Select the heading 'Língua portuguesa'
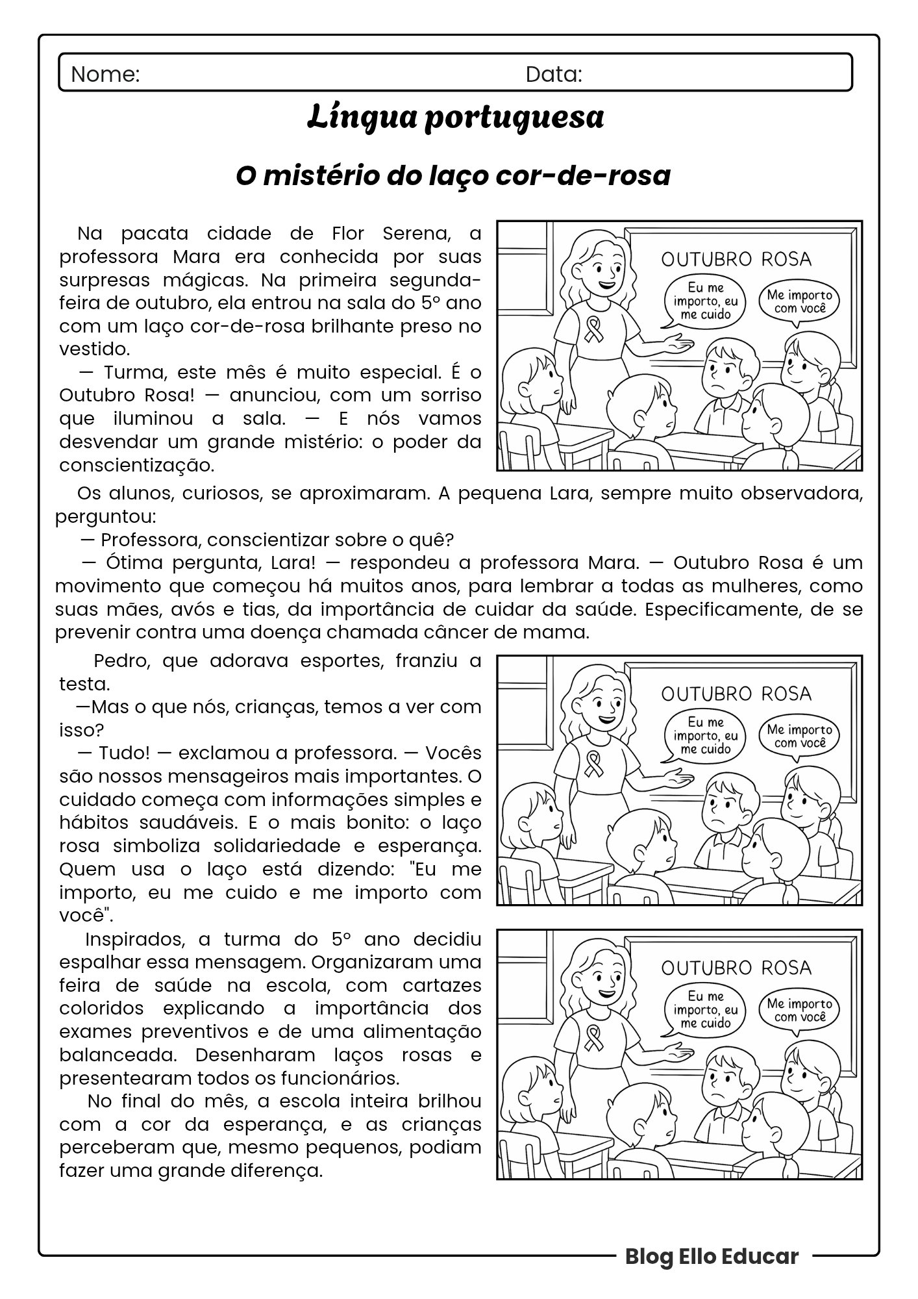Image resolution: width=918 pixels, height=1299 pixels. click(x=456, y=118)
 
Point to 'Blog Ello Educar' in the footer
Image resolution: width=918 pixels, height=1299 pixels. click(x=712, y=1256)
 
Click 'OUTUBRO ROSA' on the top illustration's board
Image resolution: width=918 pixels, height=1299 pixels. click(x=736, y=259)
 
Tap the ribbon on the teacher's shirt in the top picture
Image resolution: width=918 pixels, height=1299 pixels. click(x=593, y=329)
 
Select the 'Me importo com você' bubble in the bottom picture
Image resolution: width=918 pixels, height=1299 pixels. click(x=799, y=1010)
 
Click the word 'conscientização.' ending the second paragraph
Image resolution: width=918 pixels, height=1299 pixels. click(x=136, y=466)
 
